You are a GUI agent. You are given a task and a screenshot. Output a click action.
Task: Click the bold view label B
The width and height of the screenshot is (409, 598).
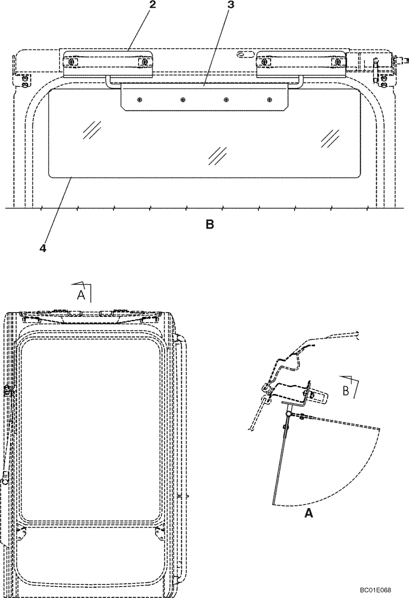pyautogui.click(x=209, y=225)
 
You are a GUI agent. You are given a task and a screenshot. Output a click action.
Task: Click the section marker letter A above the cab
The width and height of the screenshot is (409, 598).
pyautogui.click(x=81, y=294)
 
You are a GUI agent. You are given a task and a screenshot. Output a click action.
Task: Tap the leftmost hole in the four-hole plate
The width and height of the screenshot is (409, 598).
pyautogui.click(x=140, y=99)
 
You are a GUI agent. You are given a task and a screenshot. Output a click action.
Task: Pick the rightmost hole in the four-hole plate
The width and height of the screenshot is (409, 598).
pyautogui.click(x=268, y=99)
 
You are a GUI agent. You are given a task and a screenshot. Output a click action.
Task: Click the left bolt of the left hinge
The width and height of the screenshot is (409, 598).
pyautogui.click(x=72, y=62)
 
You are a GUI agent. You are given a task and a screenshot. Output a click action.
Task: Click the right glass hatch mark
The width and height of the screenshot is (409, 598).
pyautogui.click(x=331, y=138)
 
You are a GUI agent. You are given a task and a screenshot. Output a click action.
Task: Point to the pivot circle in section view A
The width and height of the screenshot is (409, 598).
pyautogui.click(x=288, y=414)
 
